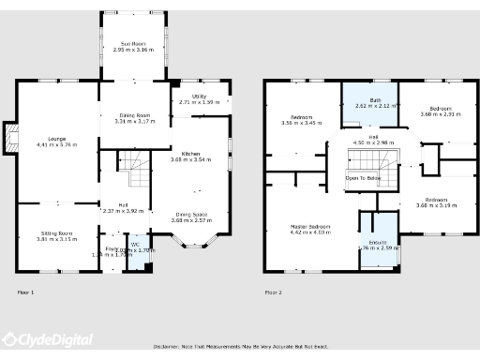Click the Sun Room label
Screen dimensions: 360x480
coord(131,43)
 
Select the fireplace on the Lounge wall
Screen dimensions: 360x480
coord(10,139)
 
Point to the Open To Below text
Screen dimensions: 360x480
coord(363,177)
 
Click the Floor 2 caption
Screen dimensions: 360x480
coord(274,292)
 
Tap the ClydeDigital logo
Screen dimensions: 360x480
coord(47,340)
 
